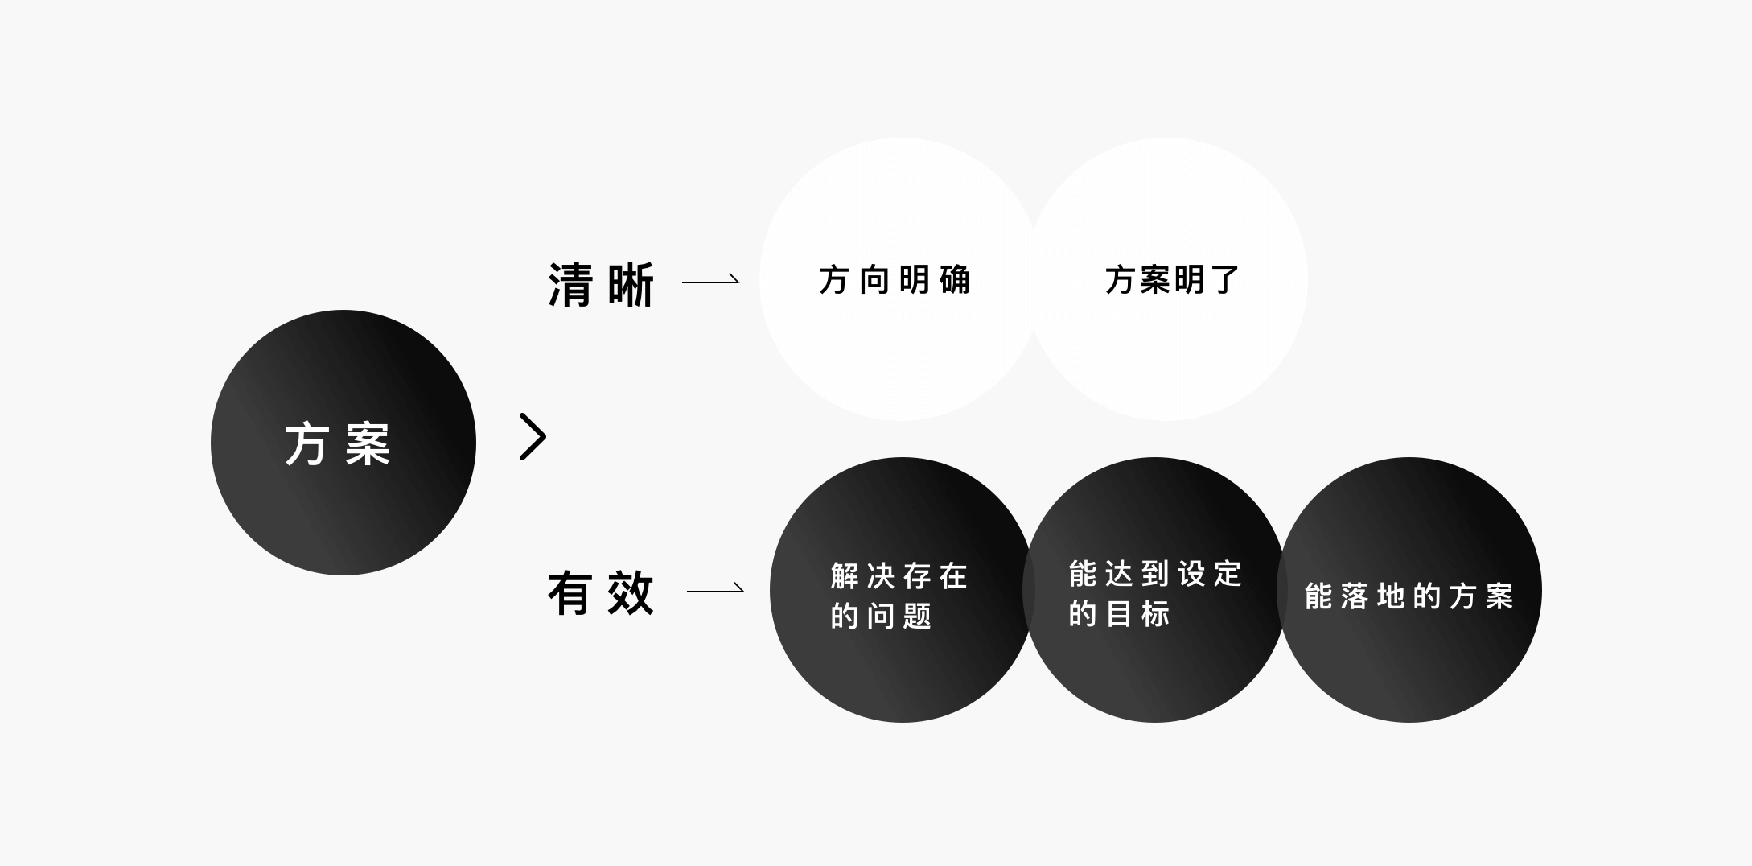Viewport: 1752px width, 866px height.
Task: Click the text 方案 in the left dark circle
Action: [338, 443]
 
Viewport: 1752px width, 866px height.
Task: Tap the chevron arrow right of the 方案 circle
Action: [533, 437]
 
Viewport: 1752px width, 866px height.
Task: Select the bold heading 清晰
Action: [601, 284]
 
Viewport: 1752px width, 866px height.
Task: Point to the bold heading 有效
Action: [601, 594]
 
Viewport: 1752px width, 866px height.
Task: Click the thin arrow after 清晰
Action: [710, 281]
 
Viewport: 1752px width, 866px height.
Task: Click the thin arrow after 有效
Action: [715, 590]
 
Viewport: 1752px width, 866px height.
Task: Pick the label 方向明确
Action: [895, 280]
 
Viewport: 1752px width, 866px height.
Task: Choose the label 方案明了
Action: [1172, 280]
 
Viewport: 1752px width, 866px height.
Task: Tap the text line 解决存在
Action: [899, 576]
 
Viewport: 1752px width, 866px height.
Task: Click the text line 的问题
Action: [881, 617]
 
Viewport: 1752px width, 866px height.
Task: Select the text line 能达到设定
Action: [1156, 574]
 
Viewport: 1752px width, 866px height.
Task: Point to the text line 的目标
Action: [1119, 614]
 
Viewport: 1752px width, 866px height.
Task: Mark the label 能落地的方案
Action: [1409, 596]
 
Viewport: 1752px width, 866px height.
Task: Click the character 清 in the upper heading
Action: [570, 284]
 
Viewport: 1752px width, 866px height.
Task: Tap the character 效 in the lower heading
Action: [631, 594]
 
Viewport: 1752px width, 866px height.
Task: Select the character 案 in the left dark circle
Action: [368, 443]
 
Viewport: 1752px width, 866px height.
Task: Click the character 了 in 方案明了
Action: [1225, 280]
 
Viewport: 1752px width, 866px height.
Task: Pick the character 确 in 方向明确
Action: [955, 280]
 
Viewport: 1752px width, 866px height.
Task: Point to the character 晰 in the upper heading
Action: [631, 284]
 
